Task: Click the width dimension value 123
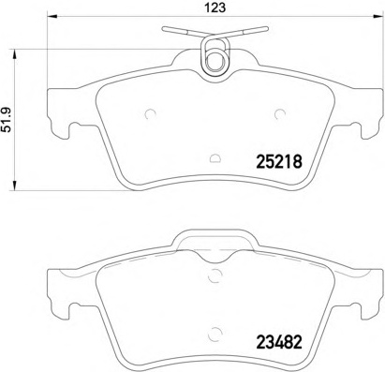pos(216,12)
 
